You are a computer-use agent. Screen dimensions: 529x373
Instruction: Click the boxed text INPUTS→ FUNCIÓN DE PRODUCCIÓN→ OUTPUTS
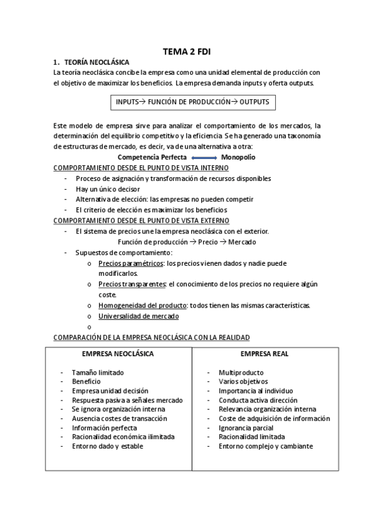(192, 102)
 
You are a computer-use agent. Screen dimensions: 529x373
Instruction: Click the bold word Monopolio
(238, 157)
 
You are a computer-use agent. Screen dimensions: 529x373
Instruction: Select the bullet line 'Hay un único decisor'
(107, 189)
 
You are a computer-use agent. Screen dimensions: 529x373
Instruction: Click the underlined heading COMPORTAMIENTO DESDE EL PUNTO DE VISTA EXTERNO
(141, 221)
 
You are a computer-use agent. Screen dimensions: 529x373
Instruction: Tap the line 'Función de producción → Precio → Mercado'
(187, 242)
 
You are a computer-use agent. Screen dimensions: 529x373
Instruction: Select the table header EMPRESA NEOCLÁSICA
(118, 354)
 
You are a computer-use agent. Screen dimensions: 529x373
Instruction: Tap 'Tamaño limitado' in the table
(98, 372)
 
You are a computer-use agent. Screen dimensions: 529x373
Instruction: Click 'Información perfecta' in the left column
(105, 428)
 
